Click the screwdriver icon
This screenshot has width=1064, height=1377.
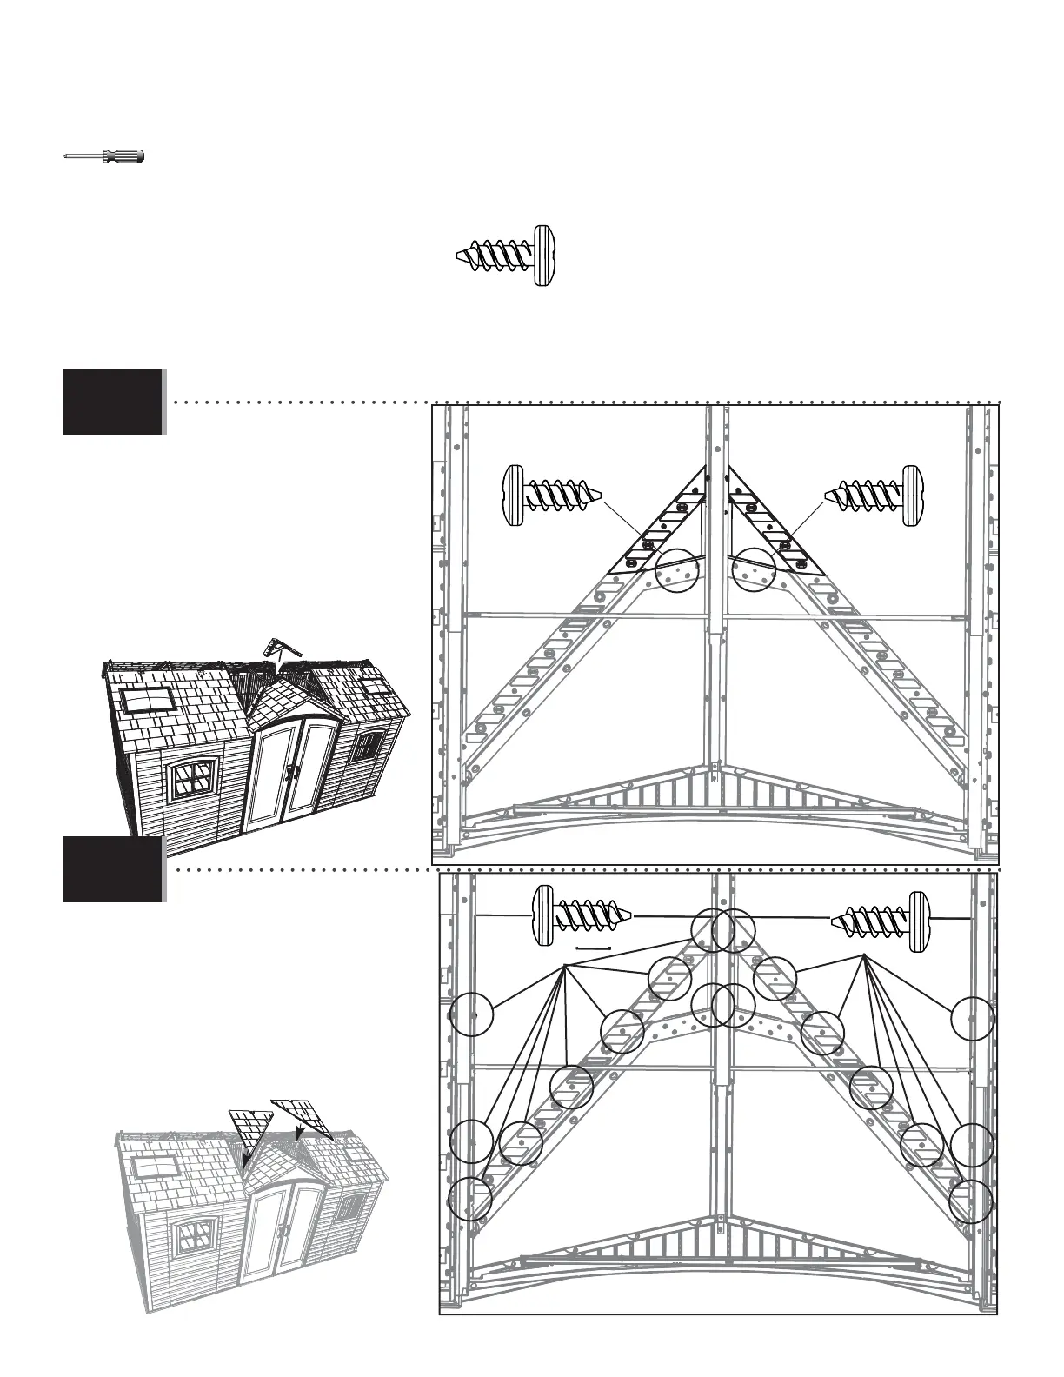coord(104,156)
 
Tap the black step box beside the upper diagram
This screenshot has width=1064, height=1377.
coord(112,401)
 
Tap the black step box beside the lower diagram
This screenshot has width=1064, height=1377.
coord(112,868)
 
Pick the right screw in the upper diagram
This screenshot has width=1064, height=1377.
coord(874,498)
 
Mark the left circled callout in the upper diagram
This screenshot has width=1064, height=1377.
coord(676,571)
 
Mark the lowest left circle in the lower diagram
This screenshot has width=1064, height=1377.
coord(469,1199)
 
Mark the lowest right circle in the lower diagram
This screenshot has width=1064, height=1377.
coord(970,1201)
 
